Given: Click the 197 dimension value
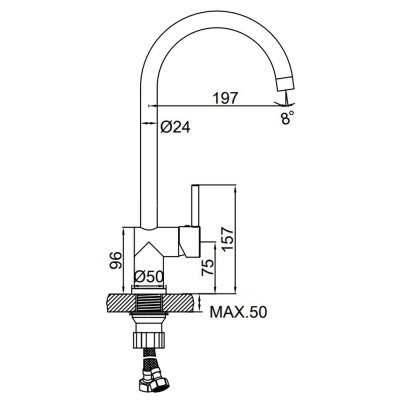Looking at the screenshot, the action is click(x=226, y=98).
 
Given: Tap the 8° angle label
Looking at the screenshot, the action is click(x=288, y=118).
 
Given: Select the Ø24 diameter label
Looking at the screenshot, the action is click(x=175, y=127).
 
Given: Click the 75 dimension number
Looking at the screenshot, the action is click(x=207, y=268).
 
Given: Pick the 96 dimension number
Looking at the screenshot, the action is click(x=115, y=261).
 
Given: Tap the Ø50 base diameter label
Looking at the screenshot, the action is click(x=149, y=277).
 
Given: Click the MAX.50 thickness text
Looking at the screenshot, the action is click(x=238, y=312).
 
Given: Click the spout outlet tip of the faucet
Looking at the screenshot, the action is click(x=287, y=84).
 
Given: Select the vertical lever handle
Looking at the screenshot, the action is click(x=195, y=206).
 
